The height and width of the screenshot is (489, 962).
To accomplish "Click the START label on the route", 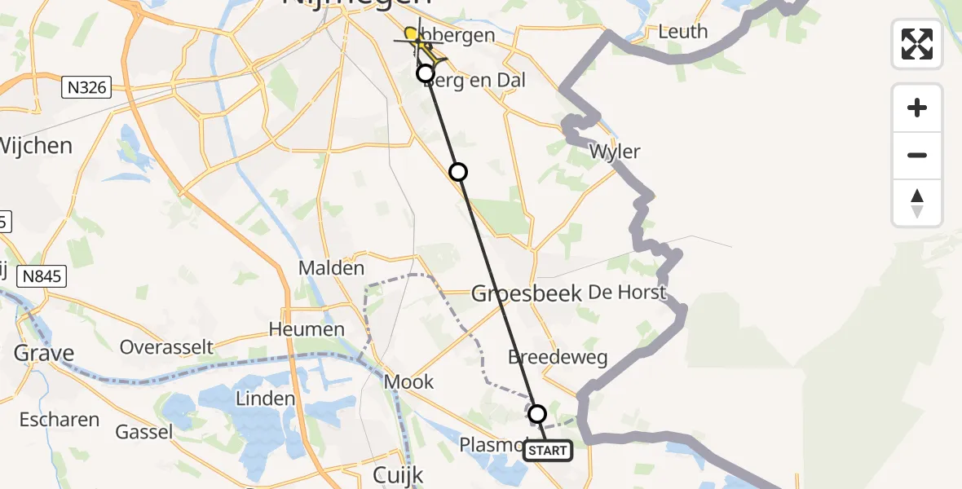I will pyautogui.click(x=547, y=451).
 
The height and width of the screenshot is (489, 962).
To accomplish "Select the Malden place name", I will pyautogui.click(x=331, y=267).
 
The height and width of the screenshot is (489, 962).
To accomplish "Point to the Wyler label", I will pyautogui.click(x=615, y=152).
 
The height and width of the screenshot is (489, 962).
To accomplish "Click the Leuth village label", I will pyautogui.click(x=682, y=32).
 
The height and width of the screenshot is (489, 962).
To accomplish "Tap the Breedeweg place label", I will pyautogui.click(x=557, y=357).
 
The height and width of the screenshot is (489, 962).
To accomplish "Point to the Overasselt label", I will pyautogui.click(x=166, y=346).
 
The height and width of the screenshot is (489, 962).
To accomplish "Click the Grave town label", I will pyautogui.click(x=44, y=353).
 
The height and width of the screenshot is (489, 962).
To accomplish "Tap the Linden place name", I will pyautogui.click(x=265, y=399).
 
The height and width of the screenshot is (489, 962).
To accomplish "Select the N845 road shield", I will pyautogui.click(x=41, y=277).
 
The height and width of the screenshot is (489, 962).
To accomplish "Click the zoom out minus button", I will pyautogui.click(x=917, y=155).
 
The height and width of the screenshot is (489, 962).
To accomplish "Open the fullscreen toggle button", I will pyautogui.click(x=917, y=44).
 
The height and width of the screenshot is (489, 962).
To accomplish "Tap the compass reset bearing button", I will pyautogui.click(x=917, y=202).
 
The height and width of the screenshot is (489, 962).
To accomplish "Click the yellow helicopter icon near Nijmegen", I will pyautogui.click(x=421, y=42).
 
